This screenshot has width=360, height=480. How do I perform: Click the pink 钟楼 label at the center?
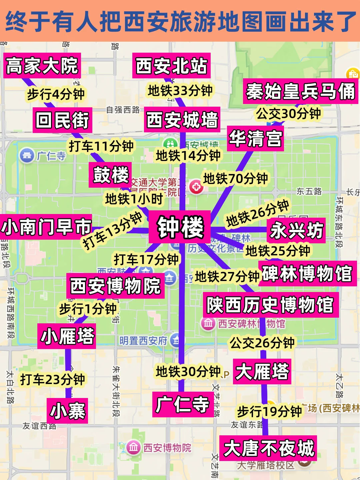pyautogui.click(x=180, y=227)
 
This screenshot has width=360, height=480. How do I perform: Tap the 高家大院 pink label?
pyautogui.click(x=42, y=66)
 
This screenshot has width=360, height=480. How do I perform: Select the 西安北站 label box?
pyautogui.click(x=171, y=66)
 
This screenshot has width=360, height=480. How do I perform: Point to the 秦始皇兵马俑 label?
pyautogui.click(x=300, y=91)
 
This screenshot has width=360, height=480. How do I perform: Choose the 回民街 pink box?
pyautogui.click(x=62, y=120)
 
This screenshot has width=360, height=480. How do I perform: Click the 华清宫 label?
pyautogui.click(x=255, y=139)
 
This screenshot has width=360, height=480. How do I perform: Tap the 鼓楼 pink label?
pyautogui.click(x=110, y=175)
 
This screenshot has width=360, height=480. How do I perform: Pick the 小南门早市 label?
pyautogui.click(x=46, y=227)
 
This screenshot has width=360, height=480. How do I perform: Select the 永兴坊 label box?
pyautogui.click(x=296, y=230)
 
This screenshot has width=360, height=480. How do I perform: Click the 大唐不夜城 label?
pyautogui.click(x=268, y=448)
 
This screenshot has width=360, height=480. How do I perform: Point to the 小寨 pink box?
pyautogui.click(x=67, y=411)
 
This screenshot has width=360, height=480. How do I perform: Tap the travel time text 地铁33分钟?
pyautogui.click(x=180, y=90)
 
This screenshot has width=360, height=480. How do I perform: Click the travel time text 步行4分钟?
pyautogui.click(x=56, y=94)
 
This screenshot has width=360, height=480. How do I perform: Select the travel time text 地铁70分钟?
pyautogui.click(x=235, y=179)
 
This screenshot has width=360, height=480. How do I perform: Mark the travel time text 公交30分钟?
pyautogui.click(x=288, y=114)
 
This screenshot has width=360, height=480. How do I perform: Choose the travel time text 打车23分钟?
pyautogui.click(x=52, y=379)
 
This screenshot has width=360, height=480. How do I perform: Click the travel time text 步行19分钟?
pyautogui.click(x=269, y=412)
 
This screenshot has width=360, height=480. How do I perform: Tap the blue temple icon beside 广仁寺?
pyautogui.click(x=27, y=155)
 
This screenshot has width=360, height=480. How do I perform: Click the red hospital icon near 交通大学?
pyautogui.click(x=196, y=187)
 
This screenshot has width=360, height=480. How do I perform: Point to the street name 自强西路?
pyautogui.click(x=123, y=110)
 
